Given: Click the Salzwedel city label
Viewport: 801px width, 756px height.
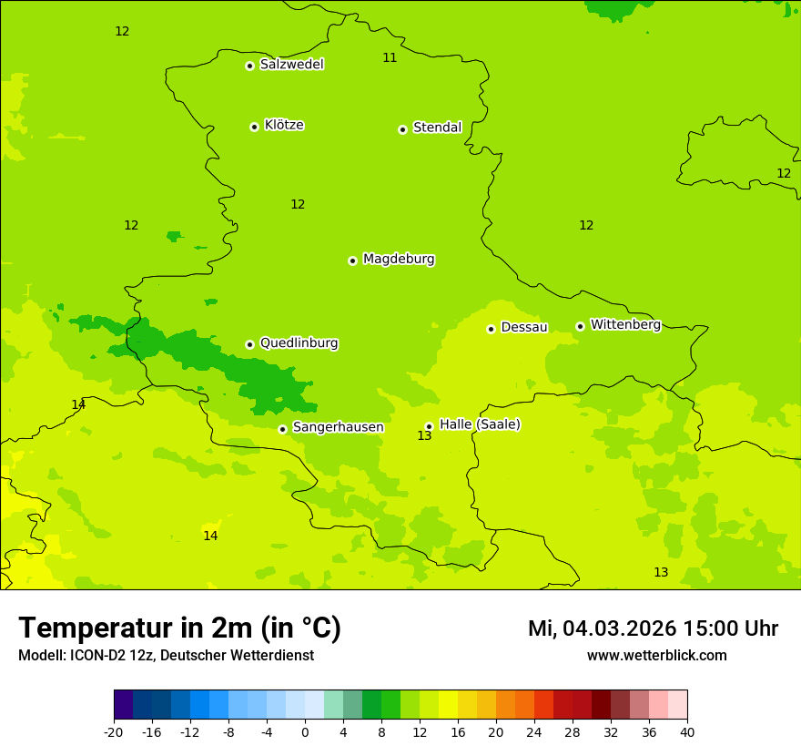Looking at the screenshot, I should coord(291,65).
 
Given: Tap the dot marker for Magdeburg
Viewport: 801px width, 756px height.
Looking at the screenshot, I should coord(352,261).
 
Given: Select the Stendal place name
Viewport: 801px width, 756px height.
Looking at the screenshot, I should coord(437,128).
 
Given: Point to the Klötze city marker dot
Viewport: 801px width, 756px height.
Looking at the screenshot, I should coord(254,127).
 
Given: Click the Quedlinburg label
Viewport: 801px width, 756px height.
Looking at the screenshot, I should coord(299,343).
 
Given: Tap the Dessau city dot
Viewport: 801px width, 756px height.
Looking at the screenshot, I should coord(491,329).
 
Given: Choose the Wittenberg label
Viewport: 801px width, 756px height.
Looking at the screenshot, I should coord(625,325).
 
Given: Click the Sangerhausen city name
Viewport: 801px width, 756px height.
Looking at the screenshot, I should coord(338,427).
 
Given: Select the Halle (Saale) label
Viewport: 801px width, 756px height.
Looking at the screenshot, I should coord(480,424).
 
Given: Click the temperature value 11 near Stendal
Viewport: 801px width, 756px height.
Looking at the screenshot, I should coord(390,57).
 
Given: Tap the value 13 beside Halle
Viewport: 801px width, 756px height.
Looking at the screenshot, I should coord(424,436).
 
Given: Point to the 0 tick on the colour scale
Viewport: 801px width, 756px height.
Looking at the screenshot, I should coord(305,732).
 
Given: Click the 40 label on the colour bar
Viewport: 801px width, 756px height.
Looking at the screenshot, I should coord(686,732).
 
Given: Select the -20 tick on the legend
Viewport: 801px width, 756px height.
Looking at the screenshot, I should coord(114,732).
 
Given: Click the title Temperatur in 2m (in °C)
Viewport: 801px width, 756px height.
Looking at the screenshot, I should coord(179,628).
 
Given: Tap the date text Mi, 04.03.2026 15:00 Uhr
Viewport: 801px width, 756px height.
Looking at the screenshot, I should coord(653,628).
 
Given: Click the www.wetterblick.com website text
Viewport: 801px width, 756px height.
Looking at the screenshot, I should coord(656,656).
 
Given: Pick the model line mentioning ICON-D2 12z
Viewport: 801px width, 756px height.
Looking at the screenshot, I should coord(166,656).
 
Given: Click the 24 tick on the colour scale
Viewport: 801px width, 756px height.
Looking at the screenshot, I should coord(533,732).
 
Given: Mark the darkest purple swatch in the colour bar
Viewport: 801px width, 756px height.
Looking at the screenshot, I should coord(123,705).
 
